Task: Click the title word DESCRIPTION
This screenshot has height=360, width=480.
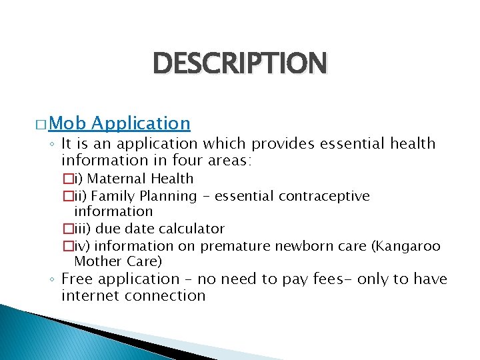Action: (x=240, y=64)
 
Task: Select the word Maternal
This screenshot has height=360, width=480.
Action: (x=117, y=179)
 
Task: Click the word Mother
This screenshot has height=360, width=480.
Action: (x=95, y=261)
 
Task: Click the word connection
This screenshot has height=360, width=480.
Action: (x=166, y=295)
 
